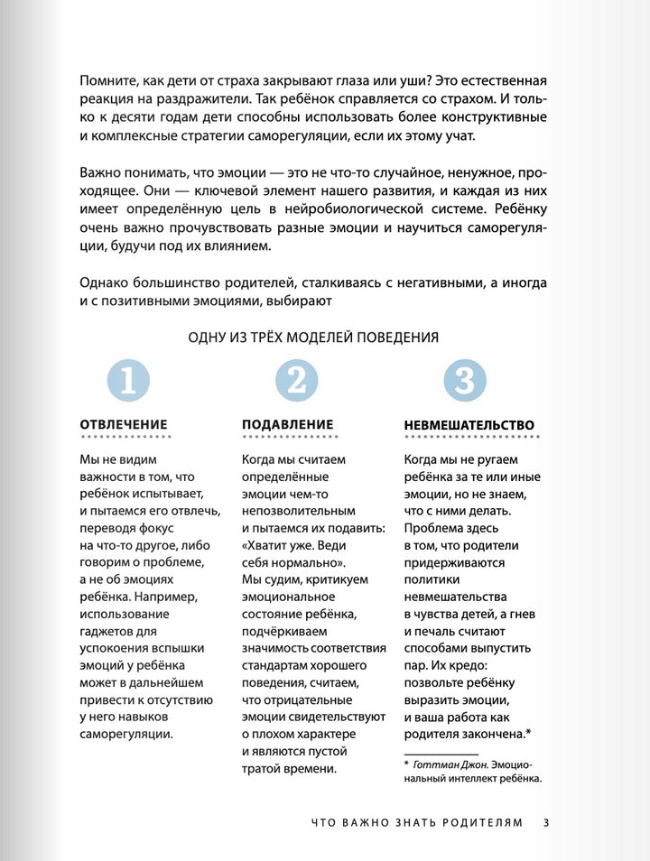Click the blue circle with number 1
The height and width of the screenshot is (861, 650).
click(x=127, y=380)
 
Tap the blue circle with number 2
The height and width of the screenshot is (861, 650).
click(x=295, y=380)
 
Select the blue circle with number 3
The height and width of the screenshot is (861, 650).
click(x=463, y=380)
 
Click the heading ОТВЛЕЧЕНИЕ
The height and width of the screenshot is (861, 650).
click(x=124, y=424)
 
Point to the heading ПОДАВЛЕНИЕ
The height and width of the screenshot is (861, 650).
click(x=288, y=424)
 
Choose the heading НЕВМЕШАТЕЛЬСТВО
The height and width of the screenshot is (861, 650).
click(x=469, y=425)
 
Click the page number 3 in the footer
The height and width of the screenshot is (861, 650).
click(x=546, y=822)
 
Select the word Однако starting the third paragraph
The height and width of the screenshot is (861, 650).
click(x=107, y=282)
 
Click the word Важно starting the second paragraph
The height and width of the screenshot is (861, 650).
click(x=104, y=172)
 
